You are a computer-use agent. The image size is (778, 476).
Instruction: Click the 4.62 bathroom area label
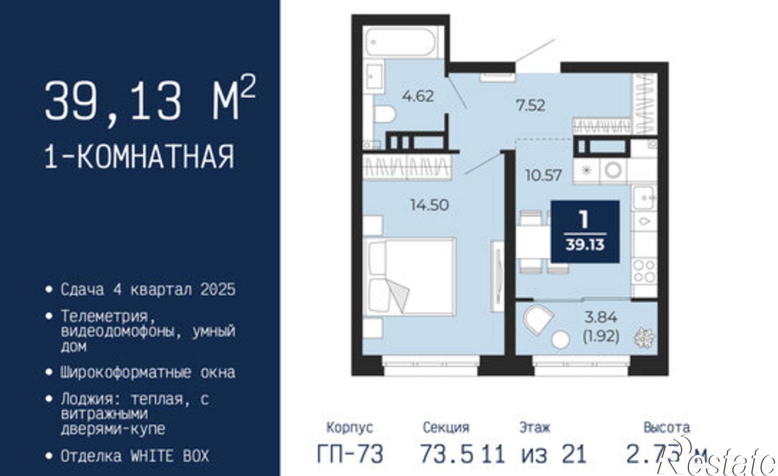pyautogui.click(x=418, y=96)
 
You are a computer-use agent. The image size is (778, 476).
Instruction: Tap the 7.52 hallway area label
pyautogui.click(x=531, y=105)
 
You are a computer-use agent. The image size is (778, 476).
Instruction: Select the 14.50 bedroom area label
pyautogui.click(x=429, y=205)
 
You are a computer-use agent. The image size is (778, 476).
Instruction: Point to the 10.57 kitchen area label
pyautogui.click(x=543, y=176)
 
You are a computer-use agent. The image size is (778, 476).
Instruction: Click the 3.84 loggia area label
pyautogui.click(x=601, y=318)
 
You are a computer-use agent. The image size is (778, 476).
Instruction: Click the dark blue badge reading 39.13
pyautogui.click(x=585, y=232)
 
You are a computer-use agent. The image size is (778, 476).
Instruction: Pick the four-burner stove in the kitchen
pyautogui.click(x=644, y=271)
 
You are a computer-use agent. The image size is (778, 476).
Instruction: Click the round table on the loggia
pyautogui.click(x=561, y=339)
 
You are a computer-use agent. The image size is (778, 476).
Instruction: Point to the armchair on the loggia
pyautogui.click(x=538, y=320)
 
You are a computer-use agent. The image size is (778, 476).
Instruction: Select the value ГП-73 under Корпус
pyautogui.click(x=350, y=454)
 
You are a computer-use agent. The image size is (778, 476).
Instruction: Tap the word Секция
pyautogui.click(x=446, y=427)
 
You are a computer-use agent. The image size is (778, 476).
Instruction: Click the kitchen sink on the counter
pyautogui.click(x=644, y=197)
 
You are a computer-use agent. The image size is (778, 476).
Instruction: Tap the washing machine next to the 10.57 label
pyautogui.click(x=613, y=170)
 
